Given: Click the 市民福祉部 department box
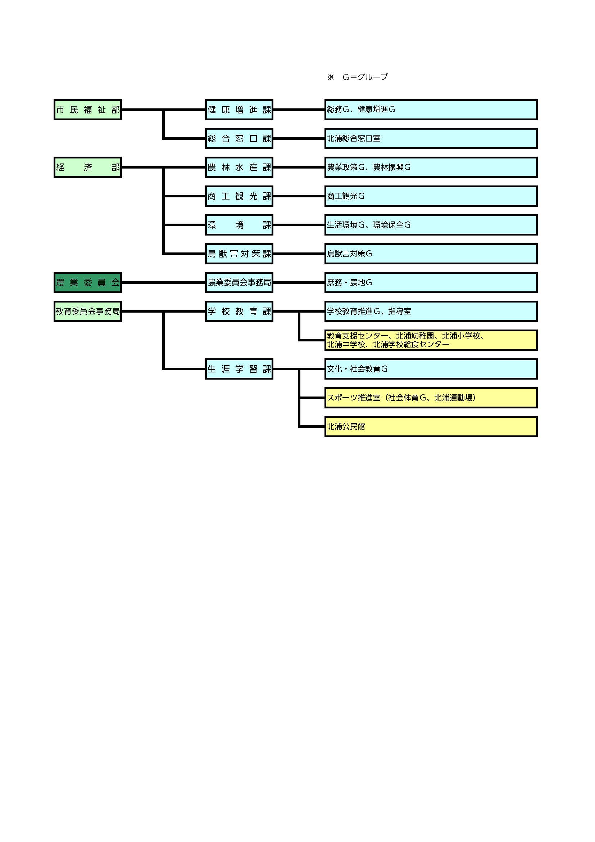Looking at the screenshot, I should pyautogui.click(x=87, y=109).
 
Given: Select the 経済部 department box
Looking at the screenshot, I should pyautogui.click(x=87, y=167).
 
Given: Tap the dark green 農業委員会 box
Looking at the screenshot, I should pyautogui.click(x=87, y=282).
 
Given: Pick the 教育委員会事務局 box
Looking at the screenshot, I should pyautogui.click(x=87, y=312).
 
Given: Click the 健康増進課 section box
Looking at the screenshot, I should pyautogui.click(x=239, y=109).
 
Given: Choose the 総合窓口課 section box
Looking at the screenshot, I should pyautogui.click(x=239, y=138).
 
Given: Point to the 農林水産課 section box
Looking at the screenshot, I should pyautogui.click(x=239, y=167).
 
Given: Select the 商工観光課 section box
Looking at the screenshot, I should pyautogui.click(x=239, y=196).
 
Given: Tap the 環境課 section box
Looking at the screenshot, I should pyautogui.click(x=239, y=225).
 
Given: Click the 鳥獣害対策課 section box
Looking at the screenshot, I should pyautogui.click(x=239, y=254).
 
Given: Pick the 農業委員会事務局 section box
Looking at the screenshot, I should pyautogui.click(x=239, y=282).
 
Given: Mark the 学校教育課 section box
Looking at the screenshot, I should pyautogui.click(x=239, y=312).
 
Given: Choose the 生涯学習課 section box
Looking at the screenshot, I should pyautogui.click(x=239, y=369).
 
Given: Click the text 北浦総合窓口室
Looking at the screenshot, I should pyautogui.click(x=354, y=139).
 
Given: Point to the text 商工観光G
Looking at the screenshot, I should pyautogui.click(x=345, y=196).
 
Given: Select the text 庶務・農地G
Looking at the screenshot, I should pyautogui.click(x=349, y=282).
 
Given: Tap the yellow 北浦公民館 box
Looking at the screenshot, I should pyautogui.click(x=431, y=426).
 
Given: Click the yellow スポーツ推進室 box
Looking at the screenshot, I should pyautogui.click(x=431, y=398).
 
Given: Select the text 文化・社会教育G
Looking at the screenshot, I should pyautogui.click(x=357, y=369).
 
